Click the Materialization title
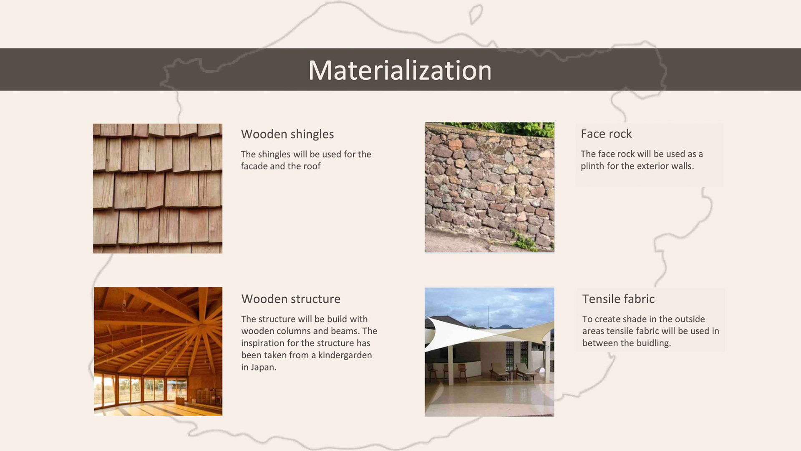pyautogui.click(x=400, y=70)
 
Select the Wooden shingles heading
pyautogui.click(x=287, y=134)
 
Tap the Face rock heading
pyautogui.click(x=606, y=134)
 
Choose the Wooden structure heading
pyautogui.click(x=291, y=299)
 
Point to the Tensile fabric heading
pyautogui.click(x=618, y=299)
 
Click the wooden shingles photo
pyautogui.click(x=158, y=188)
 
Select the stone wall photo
pyautogui.click(x=489, y=187)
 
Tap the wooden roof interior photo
pyautogui.click(x=158, y=351)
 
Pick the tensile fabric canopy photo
pyautogui.click(x=489, y=352)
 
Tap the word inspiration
pyautogui.click(x=263, y=344)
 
